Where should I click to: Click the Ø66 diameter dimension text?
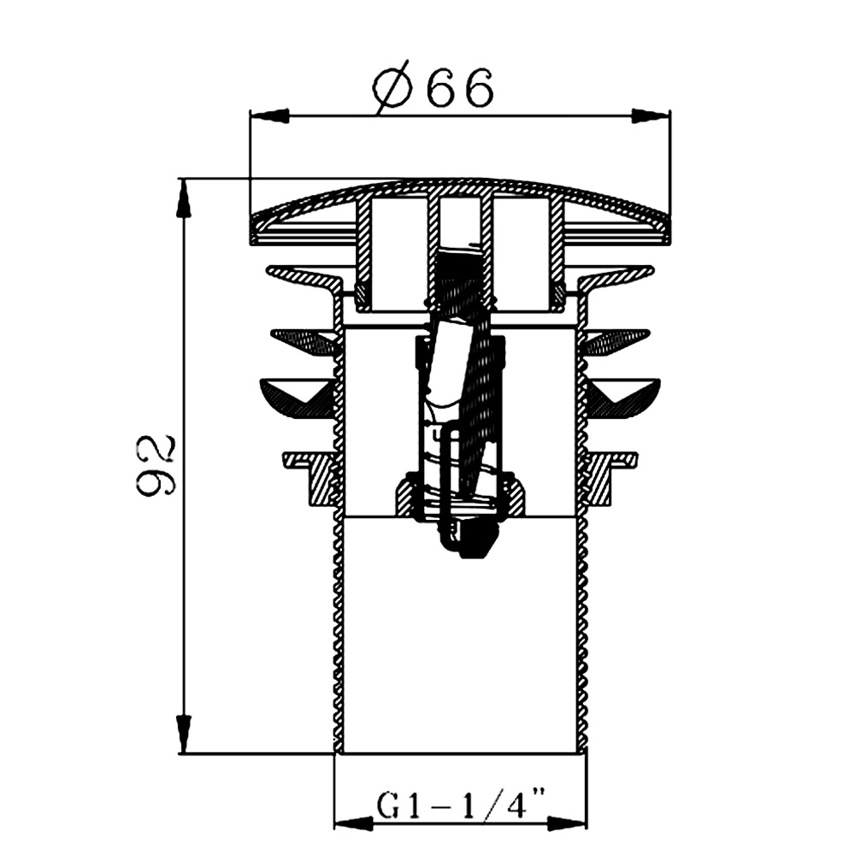[x=433, y=88]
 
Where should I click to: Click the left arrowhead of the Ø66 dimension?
[x=268, y=115]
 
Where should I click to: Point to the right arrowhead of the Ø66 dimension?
[x=651, y=115]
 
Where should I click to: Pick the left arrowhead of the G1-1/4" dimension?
[x=353, y=823]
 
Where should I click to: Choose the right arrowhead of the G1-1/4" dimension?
[x=567, y=823]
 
